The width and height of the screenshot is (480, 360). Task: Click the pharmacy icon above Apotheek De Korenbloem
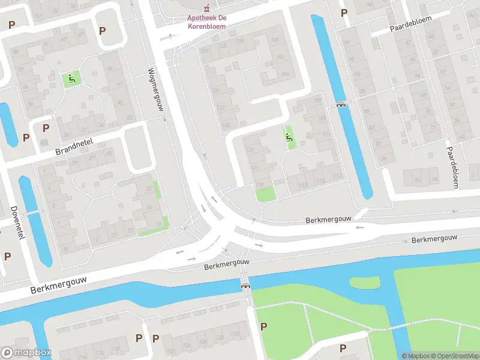coord(206,8)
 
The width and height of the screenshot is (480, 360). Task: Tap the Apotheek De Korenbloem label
coord(206,22)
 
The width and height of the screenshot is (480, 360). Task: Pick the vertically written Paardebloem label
coord(451,168)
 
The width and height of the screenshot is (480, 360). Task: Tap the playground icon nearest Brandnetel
coord(71,78)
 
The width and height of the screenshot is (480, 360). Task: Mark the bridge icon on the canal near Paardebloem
coord(342,104)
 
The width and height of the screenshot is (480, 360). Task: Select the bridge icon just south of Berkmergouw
coord(245,286)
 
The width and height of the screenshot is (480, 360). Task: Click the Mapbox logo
coord(26,353)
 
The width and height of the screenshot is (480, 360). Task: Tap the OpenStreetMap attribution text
coord(452,356)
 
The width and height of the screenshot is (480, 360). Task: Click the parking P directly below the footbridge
coord(263,326)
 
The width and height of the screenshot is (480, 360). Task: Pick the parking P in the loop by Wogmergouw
coord(102,31)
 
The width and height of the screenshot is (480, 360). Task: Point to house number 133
coord(224,46)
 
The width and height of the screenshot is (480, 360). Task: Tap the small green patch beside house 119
coord(265,194)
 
